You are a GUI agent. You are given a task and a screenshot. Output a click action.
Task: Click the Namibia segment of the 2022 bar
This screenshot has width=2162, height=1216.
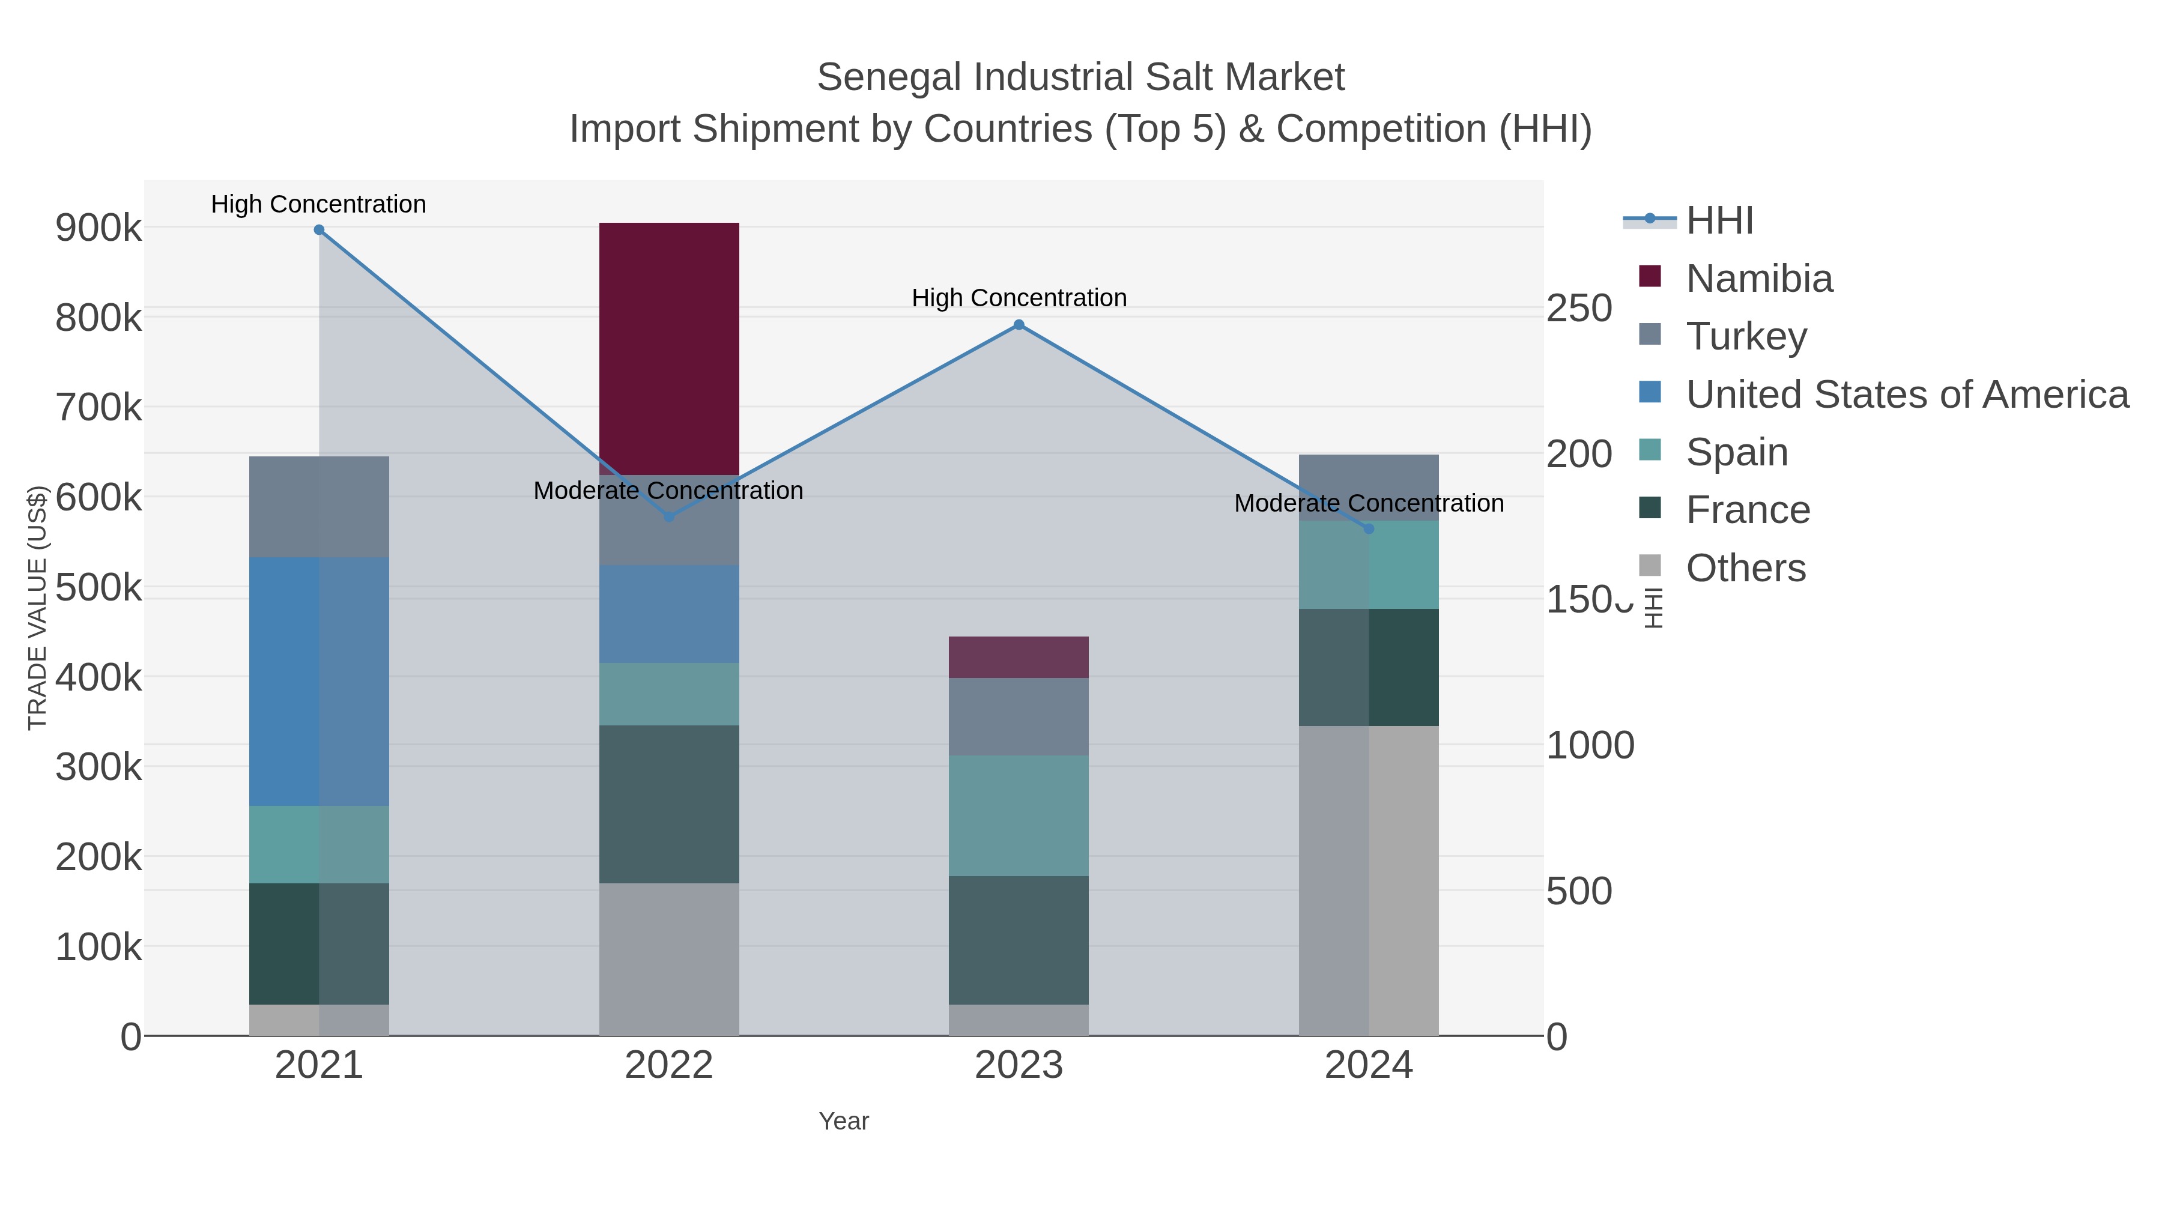click(669, 348)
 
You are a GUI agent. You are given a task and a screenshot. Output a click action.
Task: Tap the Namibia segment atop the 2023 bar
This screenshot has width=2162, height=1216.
click(1018, 657)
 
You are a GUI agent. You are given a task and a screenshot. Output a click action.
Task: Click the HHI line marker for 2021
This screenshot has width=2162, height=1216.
click(319, 230)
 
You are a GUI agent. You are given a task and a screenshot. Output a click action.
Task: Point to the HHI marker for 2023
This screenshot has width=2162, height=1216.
click(1018, 325)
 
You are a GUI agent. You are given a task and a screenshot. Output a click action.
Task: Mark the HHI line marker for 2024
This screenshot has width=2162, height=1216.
click(1368, 528)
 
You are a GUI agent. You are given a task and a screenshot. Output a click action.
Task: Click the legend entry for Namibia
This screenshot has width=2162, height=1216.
click(1758, 279)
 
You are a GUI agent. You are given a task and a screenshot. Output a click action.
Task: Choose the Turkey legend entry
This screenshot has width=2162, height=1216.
click(1746, 336)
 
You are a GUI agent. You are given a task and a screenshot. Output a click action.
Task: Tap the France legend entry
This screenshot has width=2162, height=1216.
click(1748, 510)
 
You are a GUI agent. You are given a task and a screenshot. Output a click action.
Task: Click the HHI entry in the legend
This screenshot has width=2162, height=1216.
click(1719, 221)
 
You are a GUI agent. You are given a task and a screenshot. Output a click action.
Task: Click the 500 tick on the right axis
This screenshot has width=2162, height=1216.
click(1578, 891)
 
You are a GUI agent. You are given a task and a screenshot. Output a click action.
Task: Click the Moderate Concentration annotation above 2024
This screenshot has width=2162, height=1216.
click(1368, 504)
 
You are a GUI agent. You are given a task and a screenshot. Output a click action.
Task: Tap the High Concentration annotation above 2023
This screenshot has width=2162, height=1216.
click(1018, 298)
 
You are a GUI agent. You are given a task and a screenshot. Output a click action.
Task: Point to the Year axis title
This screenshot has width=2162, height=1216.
click(844, 1121)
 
